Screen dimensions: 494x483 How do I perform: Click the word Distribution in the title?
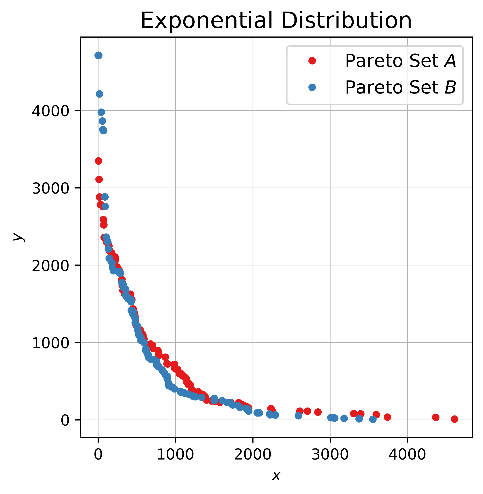click(x=347, y=21)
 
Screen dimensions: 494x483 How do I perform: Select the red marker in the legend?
click(x=312, y=61)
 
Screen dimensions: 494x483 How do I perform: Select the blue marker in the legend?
click(x=312, y=87)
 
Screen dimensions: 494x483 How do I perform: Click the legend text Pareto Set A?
click(x=400, y=61)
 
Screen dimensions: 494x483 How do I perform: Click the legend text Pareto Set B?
click(x=400, y=87)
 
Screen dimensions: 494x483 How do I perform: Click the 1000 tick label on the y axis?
click(x=50, y=343)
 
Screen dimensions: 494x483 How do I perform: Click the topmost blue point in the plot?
click(x=98, y=55)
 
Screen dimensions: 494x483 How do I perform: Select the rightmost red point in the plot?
click(x=455, y=419)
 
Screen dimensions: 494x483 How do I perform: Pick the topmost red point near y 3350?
click(x=98, y=161)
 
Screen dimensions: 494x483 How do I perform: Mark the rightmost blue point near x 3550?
click(x=373, y=419)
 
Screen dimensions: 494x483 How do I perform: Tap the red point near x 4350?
click(x=435, y=417)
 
